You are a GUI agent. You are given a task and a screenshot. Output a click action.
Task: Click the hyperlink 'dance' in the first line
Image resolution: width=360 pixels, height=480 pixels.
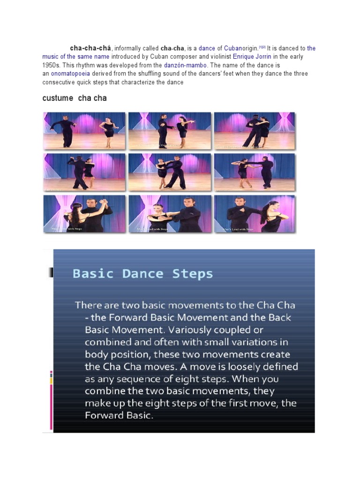pos(207,48)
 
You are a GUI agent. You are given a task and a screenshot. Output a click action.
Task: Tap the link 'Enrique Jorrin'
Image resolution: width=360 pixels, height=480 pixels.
pos(253,57)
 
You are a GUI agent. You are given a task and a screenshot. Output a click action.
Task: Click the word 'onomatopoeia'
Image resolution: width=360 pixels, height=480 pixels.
pos(71,74)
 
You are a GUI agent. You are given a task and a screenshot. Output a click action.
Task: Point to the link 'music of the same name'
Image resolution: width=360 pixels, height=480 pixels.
pos(75,57)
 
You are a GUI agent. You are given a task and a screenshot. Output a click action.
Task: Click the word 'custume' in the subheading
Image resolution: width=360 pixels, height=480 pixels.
pos(58,98)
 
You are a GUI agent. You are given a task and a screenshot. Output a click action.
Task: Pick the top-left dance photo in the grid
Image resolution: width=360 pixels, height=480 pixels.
pos(84,131)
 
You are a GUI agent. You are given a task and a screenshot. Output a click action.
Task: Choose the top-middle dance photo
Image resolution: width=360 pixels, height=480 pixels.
pos(170,131)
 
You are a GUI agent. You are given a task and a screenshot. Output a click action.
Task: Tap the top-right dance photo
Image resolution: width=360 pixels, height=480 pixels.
pos(255,131)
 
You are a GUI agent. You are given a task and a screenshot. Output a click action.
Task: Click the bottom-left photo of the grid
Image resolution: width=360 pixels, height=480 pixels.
pos(84,214)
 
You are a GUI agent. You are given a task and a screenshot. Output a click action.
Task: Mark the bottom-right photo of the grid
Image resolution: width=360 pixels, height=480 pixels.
pos(255,214)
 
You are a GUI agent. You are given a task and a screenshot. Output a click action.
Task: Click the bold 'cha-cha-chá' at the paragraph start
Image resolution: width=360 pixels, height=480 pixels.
pos(90,48)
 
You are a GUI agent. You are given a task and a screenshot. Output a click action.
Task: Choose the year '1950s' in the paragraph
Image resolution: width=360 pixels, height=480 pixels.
pos(52,65)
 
